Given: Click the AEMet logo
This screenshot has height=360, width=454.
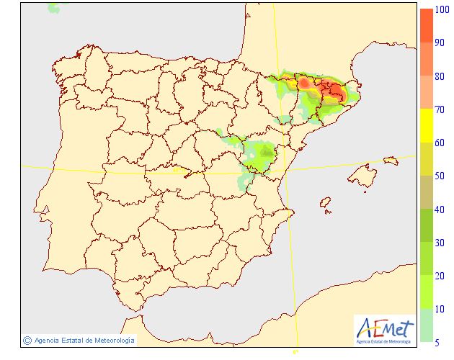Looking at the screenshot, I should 386,328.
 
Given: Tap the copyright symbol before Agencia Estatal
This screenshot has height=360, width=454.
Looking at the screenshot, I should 27,340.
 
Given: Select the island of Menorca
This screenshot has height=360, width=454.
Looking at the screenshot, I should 391,160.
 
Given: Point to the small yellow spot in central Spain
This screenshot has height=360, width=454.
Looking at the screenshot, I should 177,171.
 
